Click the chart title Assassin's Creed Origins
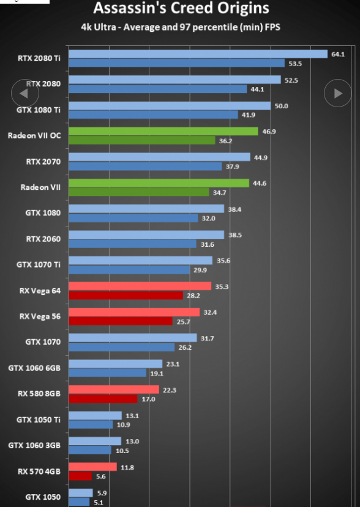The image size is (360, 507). (181, 8)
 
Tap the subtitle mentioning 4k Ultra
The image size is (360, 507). (181, 27)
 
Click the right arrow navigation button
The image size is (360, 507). (338, 93)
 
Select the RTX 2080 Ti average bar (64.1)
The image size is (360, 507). (198, 54)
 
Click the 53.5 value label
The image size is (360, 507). (295, 64)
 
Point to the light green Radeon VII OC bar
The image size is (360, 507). (163, 131)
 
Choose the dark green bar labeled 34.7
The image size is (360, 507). (139, 192)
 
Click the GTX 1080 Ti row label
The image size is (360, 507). (39, 110)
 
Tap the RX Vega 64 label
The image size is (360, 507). (40, 291)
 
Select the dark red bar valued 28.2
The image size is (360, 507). (126, 295)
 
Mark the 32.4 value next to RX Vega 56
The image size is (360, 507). (210, 312)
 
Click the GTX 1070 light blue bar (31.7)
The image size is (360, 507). (133, 338)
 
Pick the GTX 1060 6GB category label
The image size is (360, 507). (34, 368)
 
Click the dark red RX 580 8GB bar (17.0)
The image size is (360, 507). (103, 399)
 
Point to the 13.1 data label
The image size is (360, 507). (132, 416)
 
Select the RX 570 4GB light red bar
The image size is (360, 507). (92, 467)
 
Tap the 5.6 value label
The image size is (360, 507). (101, 476)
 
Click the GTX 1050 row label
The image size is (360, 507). (43, 497)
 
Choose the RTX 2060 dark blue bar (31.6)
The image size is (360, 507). (132, 244)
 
